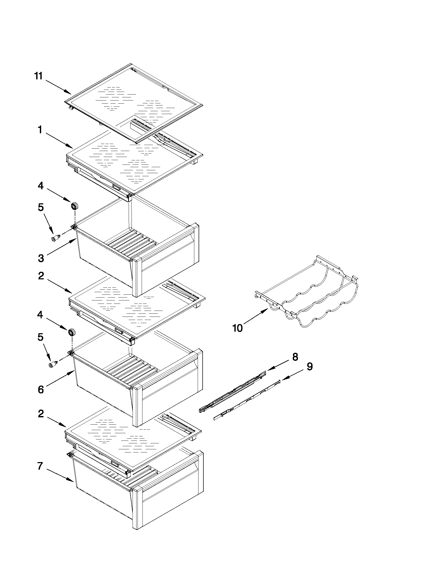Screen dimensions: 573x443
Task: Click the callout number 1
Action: point(40,130)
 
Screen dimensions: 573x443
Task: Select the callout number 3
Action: point(41,258)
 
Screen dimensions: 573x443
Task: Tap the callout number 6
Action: point(41,390)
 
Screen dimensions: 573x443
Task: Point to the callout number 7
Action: point(40,466)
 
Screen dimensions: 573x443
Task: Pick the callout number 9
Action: point(310,367)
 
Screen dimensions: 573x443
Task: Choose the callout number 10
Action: point(238,328)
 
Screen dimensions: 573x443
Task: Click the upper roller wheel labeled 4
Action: point(75,206)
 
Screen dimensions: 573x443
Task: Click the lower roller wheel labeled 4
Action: point(71,332)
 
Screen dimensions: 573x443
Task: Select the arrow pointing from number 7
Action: point(60,474)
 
